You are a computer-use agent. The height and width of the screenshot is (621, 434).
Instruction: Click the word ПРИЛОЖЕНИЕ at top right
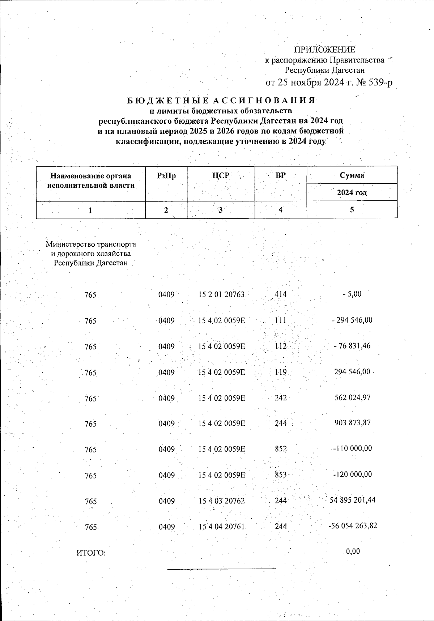coord(324,50)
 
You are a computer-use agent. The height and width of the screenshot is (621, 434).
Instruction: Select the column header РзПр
coord(166,176)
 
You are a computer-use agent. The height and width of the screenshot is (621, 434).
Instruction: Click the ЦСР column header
coord(221,176)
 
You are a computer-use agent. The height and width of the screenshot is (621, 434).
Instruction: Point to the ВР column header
coord(280,176)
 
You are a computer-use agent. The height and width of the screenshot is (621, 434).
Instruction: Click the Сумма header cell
coord(352,175)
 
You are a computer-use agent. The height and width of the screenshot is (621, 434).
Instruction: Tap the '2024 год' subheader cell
coord(352,192)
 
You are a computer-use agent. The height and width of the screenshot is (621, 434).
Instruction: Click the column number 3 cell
coord(221,210)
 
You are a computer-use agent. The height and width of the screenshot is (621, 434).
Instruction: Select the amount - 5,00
coord(352,294)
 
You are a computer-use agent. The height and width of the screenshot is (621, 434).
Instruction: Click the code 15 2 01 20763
coord(222,295)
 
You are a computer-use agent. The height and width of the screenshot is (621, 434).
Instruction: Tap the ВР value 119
coord(281,372)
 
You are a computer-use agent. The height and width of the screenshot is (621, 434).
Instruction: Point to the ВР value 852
coord(281,449)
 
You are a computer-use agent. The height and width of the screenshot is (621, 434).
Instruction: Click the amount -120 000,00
coord(352,475)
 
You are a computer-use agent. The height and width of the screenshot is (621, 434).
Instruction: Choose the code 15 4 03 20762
coord(222,501)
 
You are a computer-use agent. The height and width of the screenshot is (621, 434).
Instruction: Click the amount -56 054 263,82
coord(352,526)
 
